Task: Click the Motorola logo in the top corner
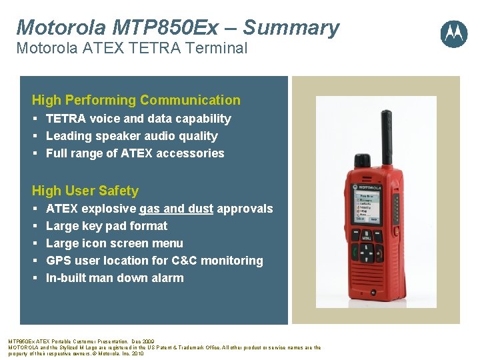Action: pyautogui.click(x=454, y=33)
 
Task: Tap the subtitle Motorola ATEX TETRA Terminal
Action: pyautogui.click(x=131, y=48)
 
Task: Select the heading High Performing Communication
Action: pyautogui.click(x=136, y=100)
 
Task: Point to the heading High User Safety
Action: pyautogui.click(x=85, y=191)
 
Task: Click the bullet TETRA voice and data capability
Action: pyautogui.click(x=138, y=119)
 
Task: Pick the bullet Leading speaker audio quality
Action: pyautogui.click(x=131, y=136)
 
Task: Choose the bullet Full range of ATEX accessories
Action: pyautogui.click(x=135, y=153)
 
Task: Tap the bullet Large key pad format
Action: pyautogui.click(x=106, y=226)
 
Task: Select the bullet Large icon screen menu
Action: pyautogui.click(x=114, y=243)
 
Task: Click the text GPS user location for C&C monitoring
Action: pyautogui.click(x=154, y=261)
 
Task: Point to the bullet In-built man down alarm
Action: pyautogui.click(x=114, y=278)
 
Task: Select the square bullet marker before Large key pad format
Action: pyautogui.click(x=34, y=227)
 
